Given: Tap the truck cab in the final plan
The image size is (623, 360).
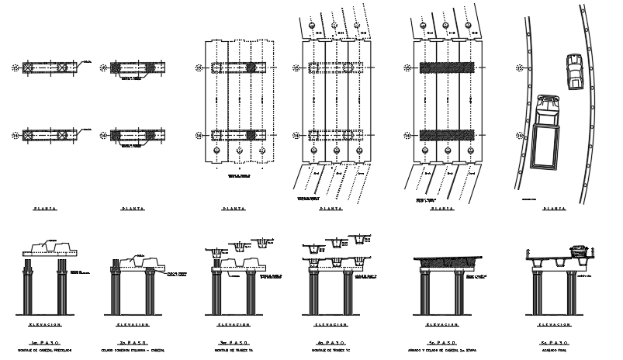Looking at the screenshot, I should coord(547,103).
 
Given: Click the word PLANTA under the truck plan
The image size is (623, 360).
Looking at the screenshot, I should coord(554,209).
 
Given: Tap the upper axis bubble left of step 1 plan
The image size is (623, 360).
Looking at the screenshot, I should coord(15,68).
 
